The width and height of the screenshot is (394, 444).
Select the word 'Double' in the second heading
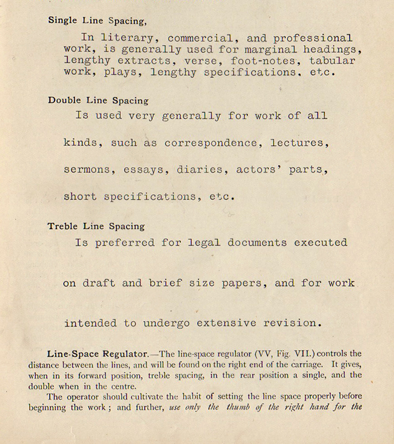coord(64,100)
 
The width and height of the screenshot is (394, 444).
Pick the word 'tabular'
coord(332,61)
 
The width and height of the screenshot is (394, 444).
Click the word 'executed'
coord(320,243)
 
